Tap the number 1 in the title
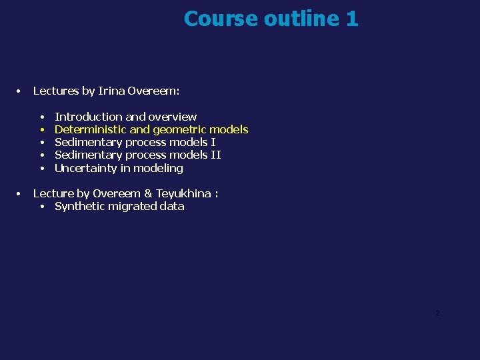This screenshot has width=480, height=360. [x=352, y=19]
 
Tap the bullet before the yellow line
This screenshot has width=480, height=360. [x=42, y=129]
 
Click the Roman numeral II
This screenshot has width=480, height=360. [x=215, y=155]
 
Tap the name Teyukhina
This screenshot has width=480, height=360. [x=183, y=193]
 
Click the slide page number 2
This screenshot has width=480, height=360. [x=437, y=313]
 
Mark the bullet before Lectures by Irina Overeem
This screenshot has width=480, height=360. [x=20, y=91]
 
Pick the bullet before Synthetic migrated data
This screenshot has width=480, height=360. [x=42, y=207]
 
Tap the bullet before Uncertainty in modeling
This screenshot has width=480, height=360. [x=42, y=168]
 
